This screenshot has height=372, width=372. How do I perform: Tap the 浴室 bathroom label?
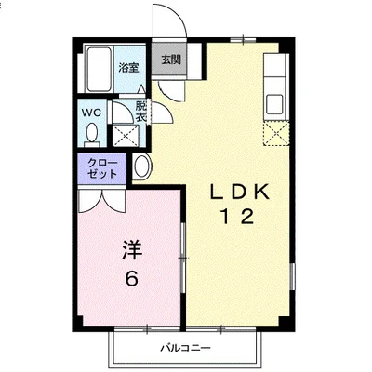click(x=128, y=68)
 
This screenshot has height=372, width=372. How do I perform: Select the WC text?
click(x=91, y=113)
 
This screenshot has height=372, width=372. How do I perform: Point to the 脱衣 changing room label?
click(x=141, y=112)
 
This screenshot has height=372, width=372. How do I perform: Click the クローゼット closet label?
click(x=102, y=168)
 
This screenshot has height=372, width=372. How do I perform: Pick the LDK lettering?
click(x=239, y=193)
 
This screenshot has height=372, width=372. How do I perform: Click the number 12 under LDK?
click(x=237, y=217)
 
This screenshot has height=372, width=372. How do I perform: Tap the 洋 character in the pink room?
click(x=131, y=250)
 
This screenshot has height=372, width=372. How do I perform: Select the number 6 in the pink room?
click(x=131, y=278)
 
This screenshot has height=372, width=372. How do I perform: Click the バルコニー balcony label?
click(x=185, y=348)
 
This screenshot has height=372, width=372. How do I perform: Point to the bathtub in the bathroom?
click(x=98, y=69)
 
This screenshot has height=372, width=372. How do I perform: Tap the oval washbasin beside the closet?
click(x=142, y=166)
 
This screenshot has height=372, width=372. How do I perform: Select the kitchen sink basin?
click(x=274, y=104)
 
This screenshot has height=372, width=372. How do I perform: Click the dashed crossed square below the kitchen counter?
click(x=276, y=134)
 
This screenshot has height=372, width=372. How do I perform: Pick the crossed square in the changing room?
click(x=126, y=136)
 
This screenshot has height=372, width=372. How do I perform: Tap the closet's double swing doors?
click(x=102, y=202)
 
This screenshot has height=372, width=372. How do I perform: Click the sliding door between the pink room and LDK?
click(x=183, y=258)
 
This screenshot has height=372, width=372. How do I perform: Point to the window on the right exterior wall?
click(x=292, y=276)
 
